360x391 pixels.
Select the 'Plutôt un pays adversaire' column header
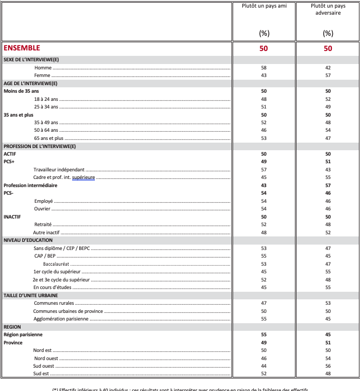coord(328,9)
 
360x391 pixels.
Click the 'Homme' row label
coord(43,68)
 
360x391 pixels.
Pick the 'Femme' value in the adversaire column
coord(328,75)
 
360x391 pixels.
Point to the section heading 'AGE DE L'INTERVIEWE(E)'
coord(30,84)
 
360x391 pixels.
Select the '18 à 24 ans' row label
coord(46,99)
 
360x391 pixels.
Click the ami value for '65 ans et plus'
coord(264,138)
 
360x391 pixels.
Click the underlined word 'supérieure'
coord(83,177)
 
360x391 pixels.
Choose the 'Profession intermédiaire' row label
coord(30,185)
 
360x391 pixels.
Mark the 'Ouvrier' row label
coord(43,209)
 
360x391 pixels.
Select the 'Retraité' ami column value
coord(264,225)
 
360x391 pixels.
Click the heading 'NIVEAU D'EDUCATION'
coord(28,240)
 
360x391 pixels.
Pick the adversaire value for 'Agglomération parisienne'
coord(328,319)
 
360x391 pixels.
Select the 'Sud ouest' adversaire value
coord(328,366)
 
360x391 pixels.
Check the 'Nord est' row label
coord(43,350)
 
